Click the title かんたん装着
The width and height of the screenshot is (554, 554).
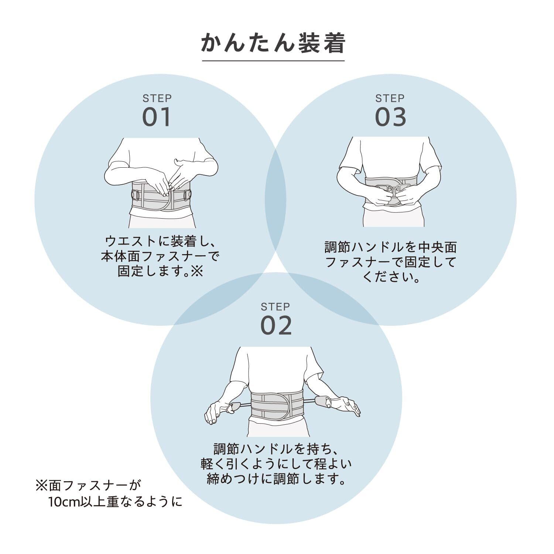[x=273, y=43]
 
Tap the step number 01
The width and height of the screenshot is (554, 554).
[x=157, y=117]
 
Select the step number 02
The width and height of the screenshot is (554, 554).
[x=276, y=325]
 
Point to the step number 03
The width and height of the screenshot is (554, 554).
[x=390, y=117]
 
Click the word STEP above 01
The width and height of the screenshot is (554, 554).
[x=157, y=99]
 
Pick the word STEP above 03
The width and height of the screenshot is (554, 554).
[x=390, y=99]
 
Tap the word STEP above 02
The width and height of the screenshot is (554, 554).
[x=275, y=307]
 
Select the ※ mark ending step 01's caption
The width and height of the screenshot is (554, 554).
[x=197, y=272]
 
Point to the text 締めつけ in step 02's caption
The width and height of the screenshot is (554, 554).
[x=233, y=479]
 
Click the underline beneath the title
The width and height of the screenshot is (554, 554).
[x=273, y=61]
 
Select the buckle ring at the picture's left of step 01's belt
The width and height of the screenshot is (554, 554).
[x=136, y=195]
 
